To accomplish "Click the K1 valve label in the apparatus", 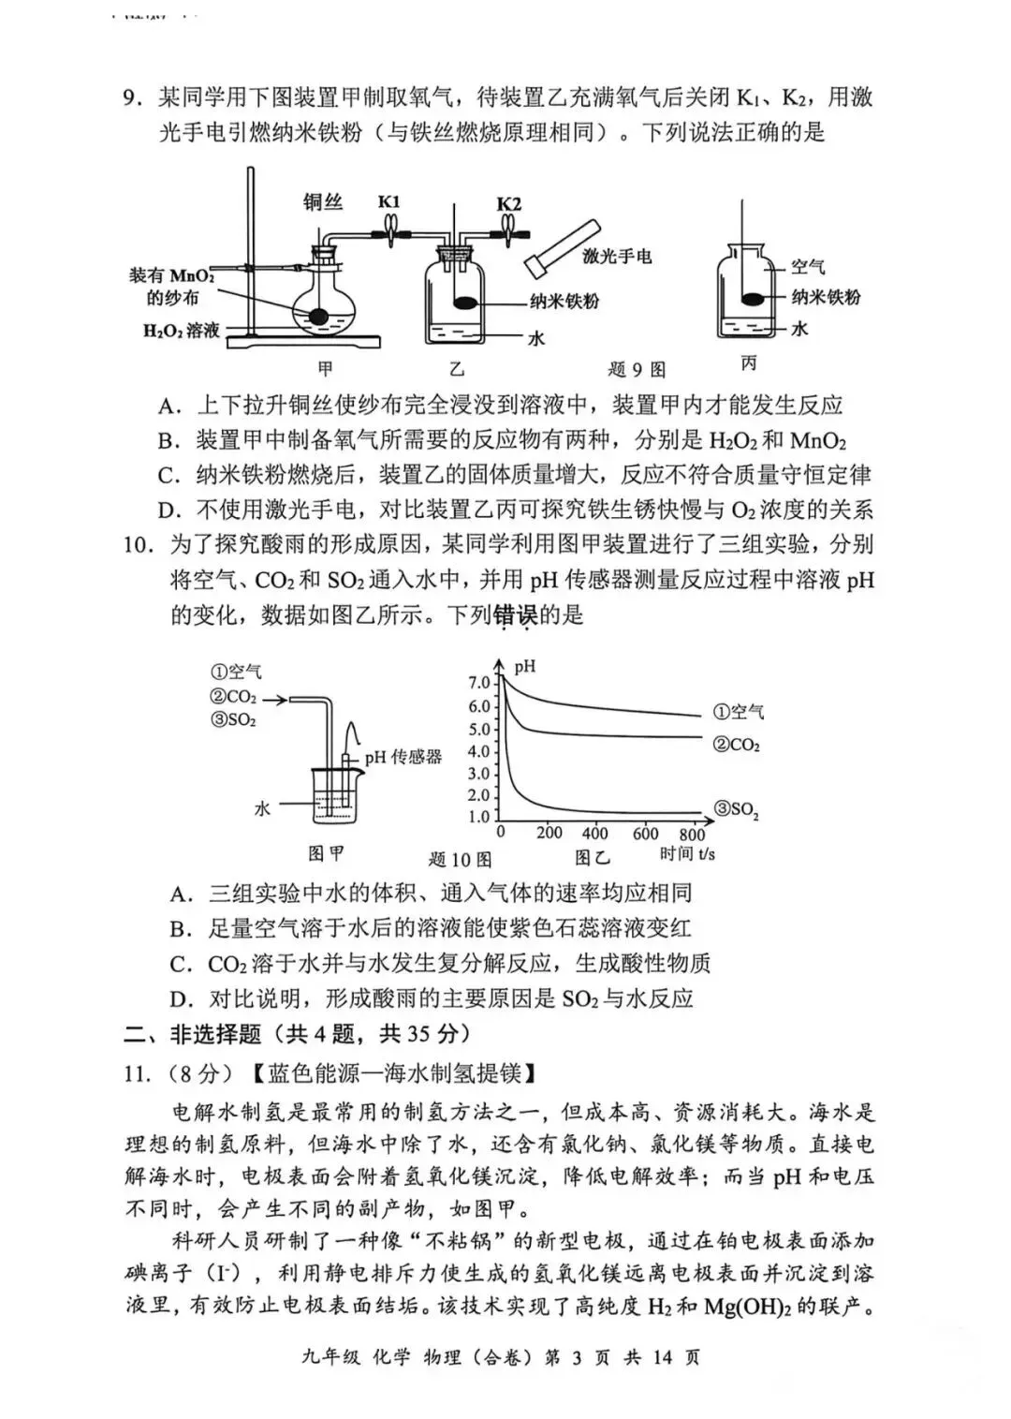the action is point(389,201).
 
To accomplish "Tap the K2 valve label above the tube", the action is point(509,203).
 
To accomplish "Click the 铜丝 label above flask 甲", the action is point(323,201).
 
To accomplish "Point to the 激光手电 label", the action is point(617,256).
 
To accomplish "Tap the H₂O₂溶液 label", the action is point(182,331).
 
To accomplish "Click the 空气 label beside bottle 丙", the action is point(808,267).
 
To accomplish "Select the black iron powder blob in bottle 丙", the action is point(753,299).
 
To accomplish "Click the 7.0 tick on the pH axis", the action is point(479,683).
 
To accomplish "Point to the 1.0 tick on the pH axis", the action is point(479,817).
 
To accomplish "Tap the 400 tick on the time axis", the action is point(594,834).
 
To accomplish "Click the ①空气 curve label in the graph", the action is point(739,712).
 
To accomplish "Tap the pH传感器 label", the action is point(403,757).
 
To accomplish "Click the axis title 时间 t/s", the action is point(687,853).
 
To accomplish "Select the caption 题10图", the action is point(460,859).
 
